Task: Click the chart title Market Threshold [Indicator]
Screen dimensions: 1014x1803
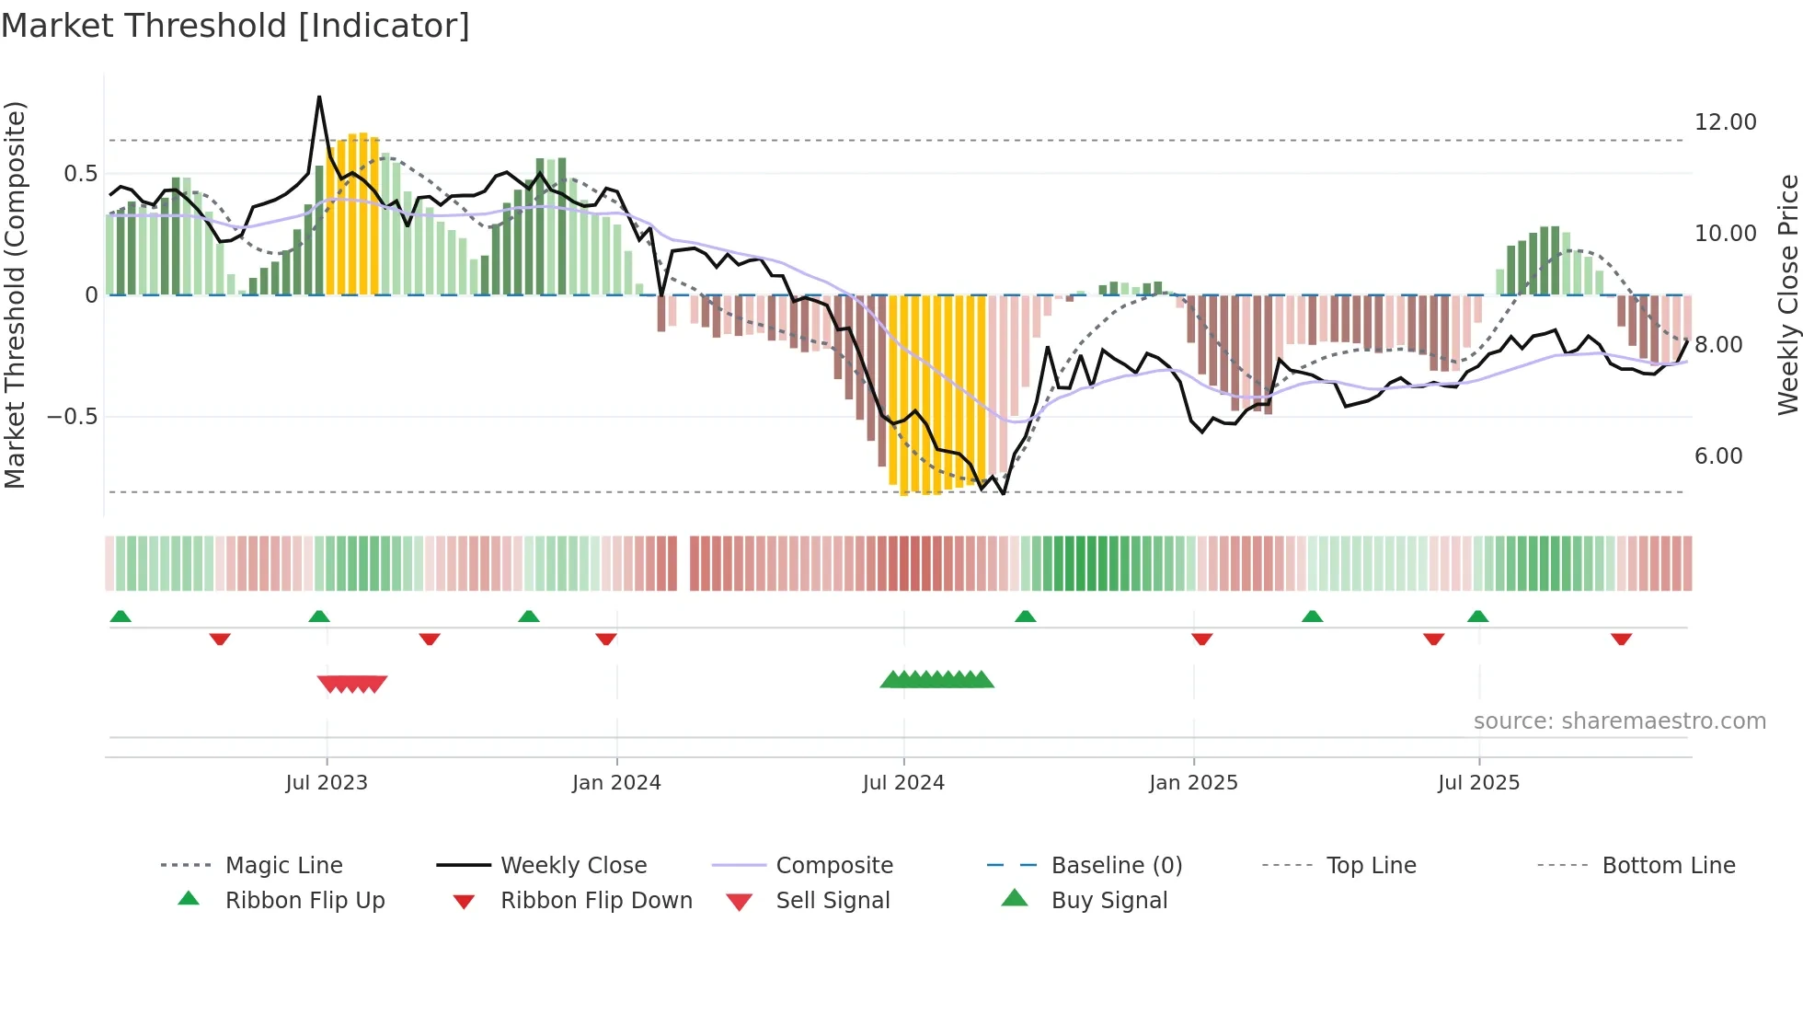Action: click(x=235, y=26)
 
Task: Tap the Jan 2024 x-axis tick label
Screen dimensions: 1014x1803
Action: click(x=616, y=783)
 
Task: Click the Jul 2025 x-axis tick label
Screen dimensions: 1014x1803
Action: click(x=1478, y=783)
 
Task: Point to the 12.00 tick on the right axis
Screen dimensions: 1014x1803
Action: click(x=1725, y=122)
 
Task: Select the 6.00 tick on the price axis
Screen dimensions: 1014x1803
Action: click(x=1717, y=456)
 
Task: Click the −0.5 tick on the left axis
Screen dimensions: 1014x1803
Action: click(x=72, y=417)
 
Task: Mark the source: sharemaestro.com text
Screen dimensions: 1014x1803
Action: click(x=1619, y=721)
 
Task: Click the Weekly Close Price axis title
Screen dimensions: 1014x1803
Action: click(x=1787, y=294)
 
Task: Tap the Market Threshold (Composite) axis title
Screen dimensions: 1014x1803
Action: click(x=15, y=294)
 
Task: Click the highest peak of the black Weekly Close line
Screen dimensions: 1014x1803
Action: click(x=319, y=97)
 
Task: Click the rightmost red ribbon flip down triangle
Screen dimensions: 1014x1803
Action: click(x=1621, y=639)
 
